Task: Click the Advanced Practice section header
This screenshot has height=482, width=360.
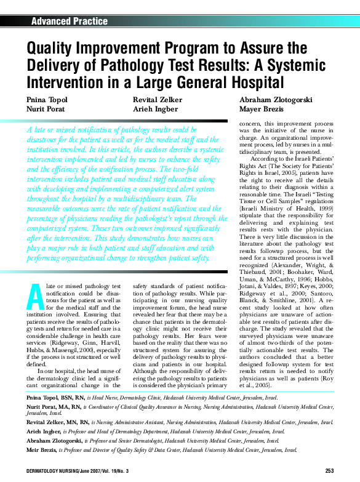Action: pos(69,22)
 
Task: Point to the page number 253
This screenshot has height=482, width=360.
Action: pos(329,471)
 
